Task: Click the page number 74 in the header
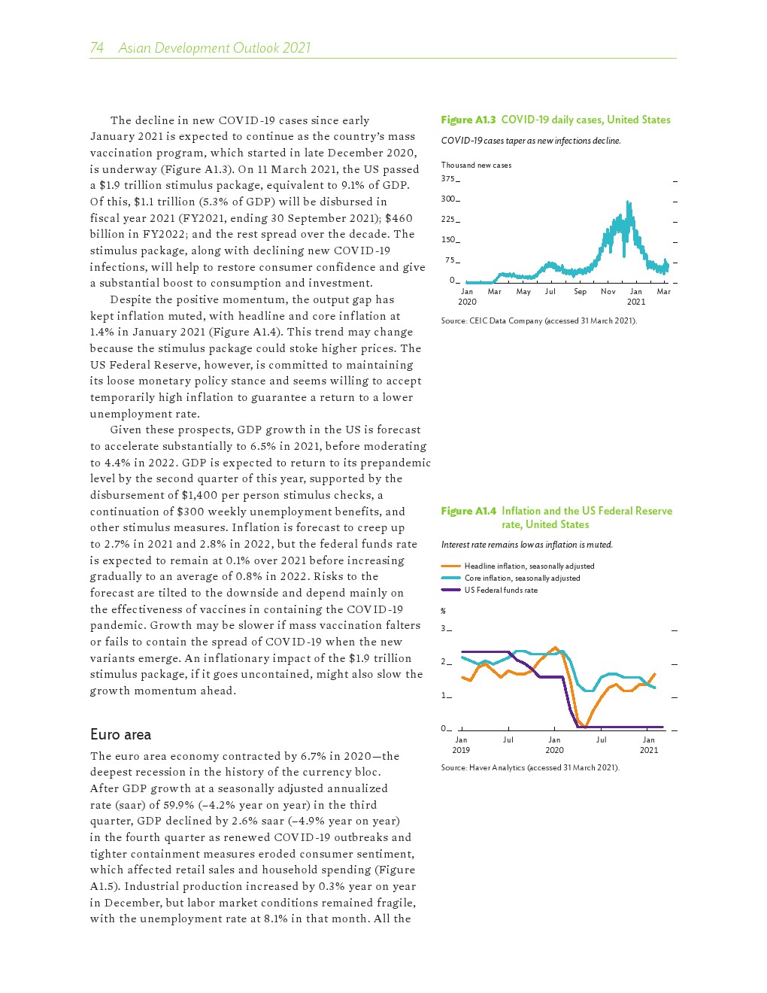(x=97, y=48)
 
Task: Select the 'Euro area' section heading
(x=120, y=735)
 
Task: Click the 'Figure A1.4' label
(x=468, y=511)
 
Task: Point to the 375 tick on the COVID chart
(x=448, y=179)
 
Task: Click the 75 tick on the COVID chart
(x=450, y=260)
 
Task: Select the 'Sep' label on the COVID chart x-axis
(x=580, y=291)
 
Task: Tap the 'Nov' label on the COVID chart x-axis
(x=608, y=291)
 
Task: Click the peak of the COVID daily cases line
(x=627, y=202)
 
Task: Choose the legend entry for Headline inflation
(x=529, y=566)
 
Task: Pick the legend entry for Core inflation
(x=522, y=578)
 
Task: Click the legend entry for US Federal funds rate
(x=501, y=590)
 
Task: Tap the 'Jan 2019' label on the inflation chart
(x=461, y=745)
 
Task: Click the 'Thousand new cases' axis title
(x=476, y=165)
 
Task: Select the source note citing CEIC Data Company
(x=538, y=320)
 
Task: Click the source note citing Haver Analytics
(x=530, y=767)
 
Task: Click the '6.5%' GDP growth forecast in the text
(x=263, y=446)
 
